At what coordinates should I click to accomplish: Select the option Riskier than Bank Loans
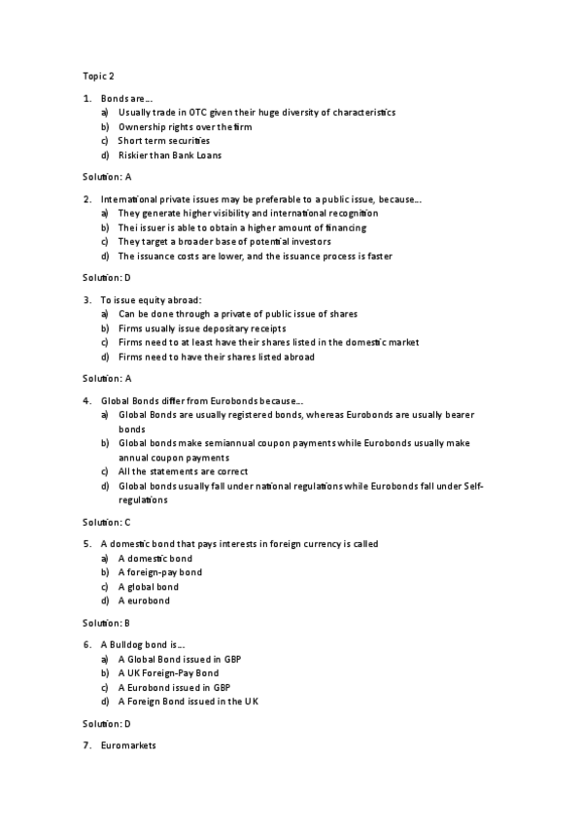coord(170,154)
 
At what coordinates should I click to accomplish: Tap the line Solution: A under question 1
coord(107,177)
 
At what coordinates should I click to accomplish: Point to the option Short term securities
coord(163,141)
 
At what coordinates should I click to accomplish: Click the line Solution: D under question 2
coord(107,277)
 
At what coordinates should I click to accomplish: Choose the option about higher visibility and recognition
coord(248,213)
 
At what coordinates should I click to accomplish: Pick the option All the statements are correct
coord(183,471)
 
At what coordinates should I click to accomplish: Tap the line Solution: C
coord(107,522)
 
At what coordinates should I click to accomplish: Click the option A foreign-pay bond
coord(160,572)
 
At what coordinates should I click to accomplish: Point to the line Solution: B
coord(107,622)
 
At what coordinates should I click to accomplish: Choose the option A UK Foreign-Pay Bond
coord(168,672)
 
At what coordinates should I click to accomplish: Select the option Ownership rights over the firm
coord(189,126)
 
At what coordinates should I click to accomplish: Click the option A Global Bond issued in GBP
coord(179,659)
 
